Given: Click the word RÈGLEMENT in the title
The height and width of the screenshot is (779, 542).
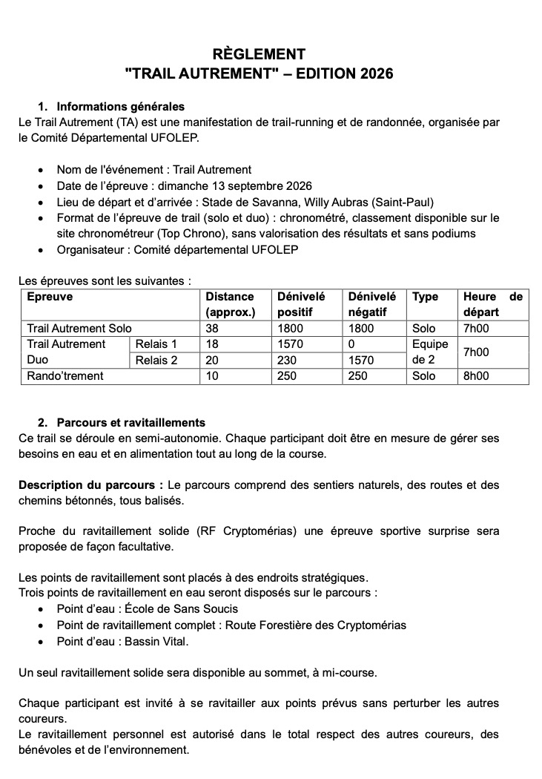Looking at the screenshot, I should coord(259,54).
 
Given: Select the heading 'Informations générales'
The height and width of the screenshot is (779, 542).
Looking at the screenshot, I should coord(120,106).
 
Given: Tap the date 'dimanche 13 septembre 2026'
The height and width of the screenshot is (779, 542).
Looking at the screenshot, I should coord(242,185).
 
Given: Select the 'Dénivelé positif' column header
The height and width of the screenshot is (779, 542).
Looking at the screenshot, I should coord(300,304).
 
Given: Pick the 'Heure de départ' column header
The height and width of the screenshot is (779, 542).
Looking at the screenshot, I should coord(492,304).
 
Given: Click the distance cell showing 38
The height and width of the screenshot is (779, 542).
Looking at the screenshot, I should coord(212,328).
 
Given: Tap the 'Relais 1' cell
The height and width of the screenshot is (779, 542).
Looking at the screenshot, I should coord(156,344).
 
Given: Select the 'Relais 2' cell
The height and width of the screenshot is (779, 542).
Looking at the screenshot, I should coord(156,361).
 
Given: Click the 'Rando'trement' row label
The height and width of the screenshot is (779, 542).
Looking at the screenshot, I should coord(65,376).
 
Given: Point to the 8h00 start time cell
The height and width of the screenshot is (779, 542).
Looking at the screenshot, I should coord(476,376).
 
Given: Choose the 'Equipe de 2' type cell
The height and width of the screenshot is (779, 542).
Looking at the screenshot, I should coord(429,352).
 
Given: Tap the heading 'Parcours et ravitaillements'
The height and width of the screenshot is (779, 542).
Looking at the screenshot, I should coord(131,423).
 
